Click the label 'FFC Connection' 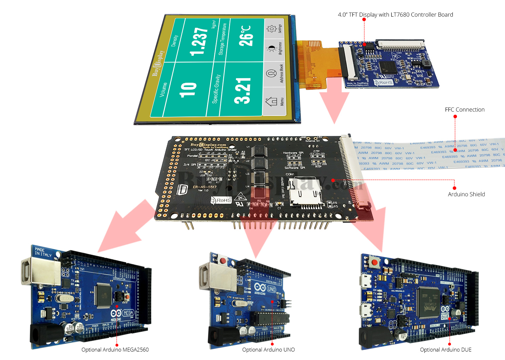click(x=464, y=110)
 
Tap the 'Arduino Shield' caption click(x=466, y=194)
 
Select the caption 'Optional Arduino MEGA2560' click(x=115, y=350)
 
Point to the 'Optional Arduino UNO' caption click(x=268, y=350)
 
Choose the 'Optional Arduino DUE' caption click(x=445, y=350)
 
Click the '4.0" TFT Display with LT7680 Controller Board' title click(x=395, y=15)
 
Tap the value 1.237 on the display click(x=199, y=42)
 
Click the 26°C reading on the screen click(x=246, y=36)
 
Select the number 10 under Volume click(x=188, y=89)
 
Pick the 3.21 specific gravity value click(x=243, y=91)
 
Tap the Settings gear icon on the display click(x=271, y=29)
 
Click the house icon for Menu click(x=271, y=101)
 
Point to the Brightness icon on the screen click(x=271, y=49)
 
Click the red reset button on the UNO click(x=223, y=261)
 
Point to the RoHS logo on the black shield click(x=221, y=200)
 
